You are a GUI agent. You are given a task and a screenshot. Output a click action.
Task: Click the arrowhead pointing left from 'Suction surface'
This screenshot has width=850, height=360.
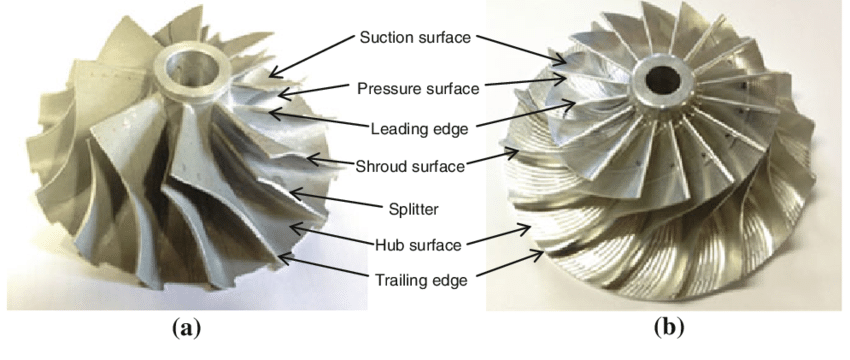[271, 75]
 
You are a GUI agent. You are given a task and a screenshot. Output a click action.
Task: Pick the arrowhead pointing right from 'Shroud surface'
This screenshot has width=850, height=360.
[512, 153]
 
